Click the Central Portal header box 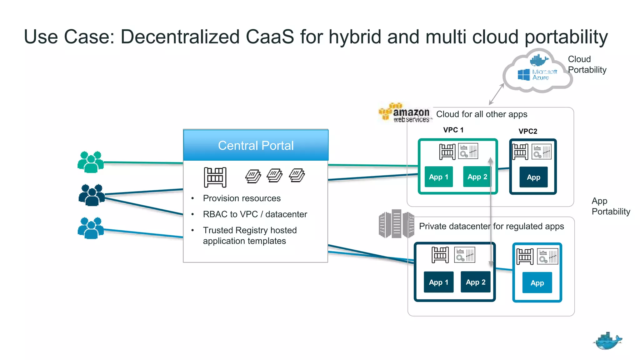click(x=256, y=145)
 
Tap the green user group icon click(x=91, y=162)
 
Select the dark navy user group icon click(x=92, y=195)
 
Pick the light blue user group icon click(x=91, y=228)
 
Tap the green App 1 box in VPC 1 click(x=438, y=177)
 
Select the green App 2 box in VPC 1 click(x=477, y=177)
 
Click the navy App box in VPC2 click(x=533, y=177)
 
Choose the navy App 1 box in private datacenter click(x=438, y=282)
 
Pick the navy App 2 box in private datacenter click(x=475, y=282)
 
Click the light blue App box click(x=537, y=283)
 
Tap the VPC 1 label click(x=453, y=130)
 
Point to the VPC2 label click(x=528, y=131)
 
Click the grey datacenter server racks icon click(x=396, y=224)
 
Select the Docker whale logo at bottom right click(x=607, y=341)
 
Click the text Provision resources click(x=242, y=198)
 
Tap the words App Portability click(x=611, y=206)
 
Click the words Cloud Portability click(x=587, y=64)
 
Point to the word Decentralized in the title click(x=180, y=37)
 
